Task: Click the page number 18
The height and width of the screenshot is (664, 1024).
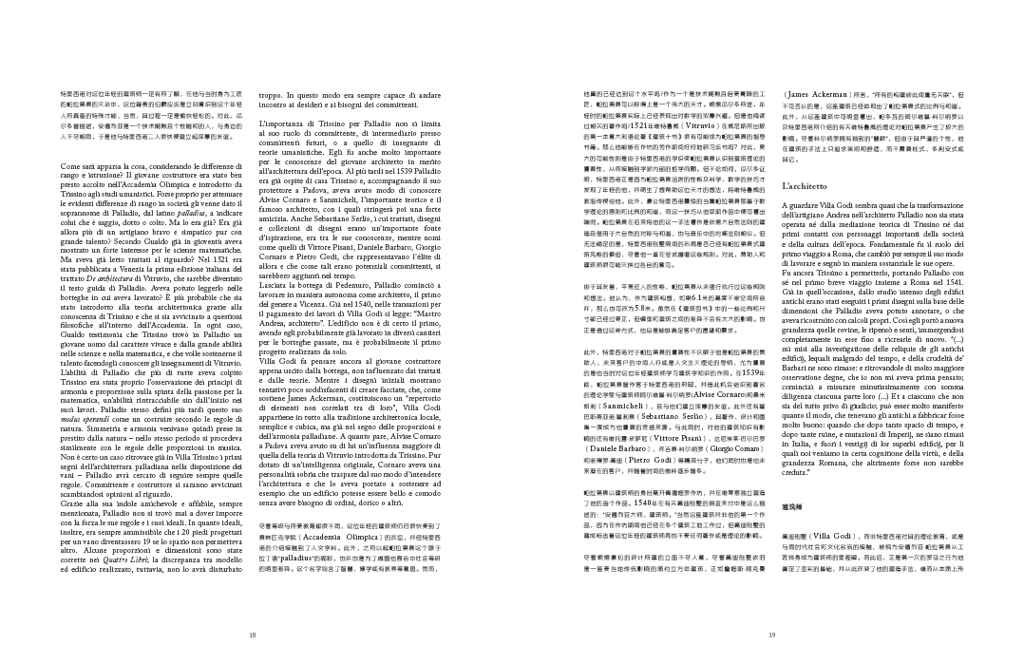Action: (252, 635)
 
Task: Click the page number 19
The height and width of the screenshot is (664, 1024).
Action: (772, 635)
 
